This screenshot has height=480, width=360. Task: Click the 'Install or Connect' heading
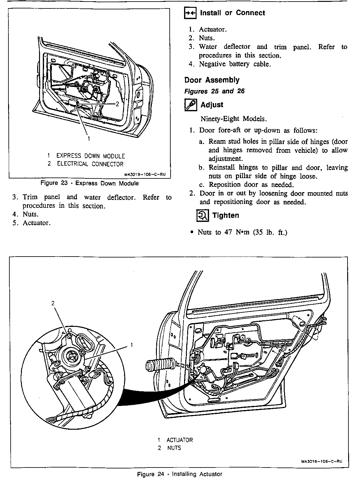click(x=232, y=13)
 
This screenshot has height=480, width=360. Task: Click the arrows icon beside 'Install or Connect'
click(x=190, y=13)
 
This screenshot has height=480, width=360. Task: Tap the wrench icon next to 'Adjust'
click(x=190, y=105)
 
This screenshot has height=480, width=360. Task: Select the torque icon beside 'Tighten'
click(x=202, y=215)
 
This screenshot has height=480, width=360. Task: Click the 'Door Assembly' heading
click(x=212, y=80)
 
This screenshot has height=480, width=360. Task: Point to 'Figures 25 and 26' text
click(x=214, y=91)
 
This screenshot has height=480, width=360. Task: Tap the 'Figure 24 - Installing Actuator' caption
click(x=180, y=474)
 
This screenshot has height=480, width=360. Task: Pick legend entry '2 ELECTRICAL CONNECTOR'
click(x=85, y=164)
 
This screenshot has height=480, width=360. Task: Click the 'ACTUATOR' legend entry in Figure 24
click(x=179, y=440)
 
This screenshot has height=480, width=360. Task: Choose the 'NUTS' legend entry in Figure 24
click(x=174, y=448)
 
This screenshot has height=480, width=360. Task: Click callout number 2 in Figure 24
click(x=53, y=303)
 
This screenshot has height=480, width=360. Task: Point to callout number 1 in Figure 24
click(x=132, y=345)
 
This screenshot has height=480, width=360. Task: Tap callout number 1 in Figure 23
click(x=89, y=138)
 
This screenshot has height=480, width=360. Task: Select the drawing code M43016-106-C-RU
click(x=322, y=461)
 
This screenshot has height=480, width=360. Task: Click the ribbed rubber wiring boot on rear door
click(x=160, y=367)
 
